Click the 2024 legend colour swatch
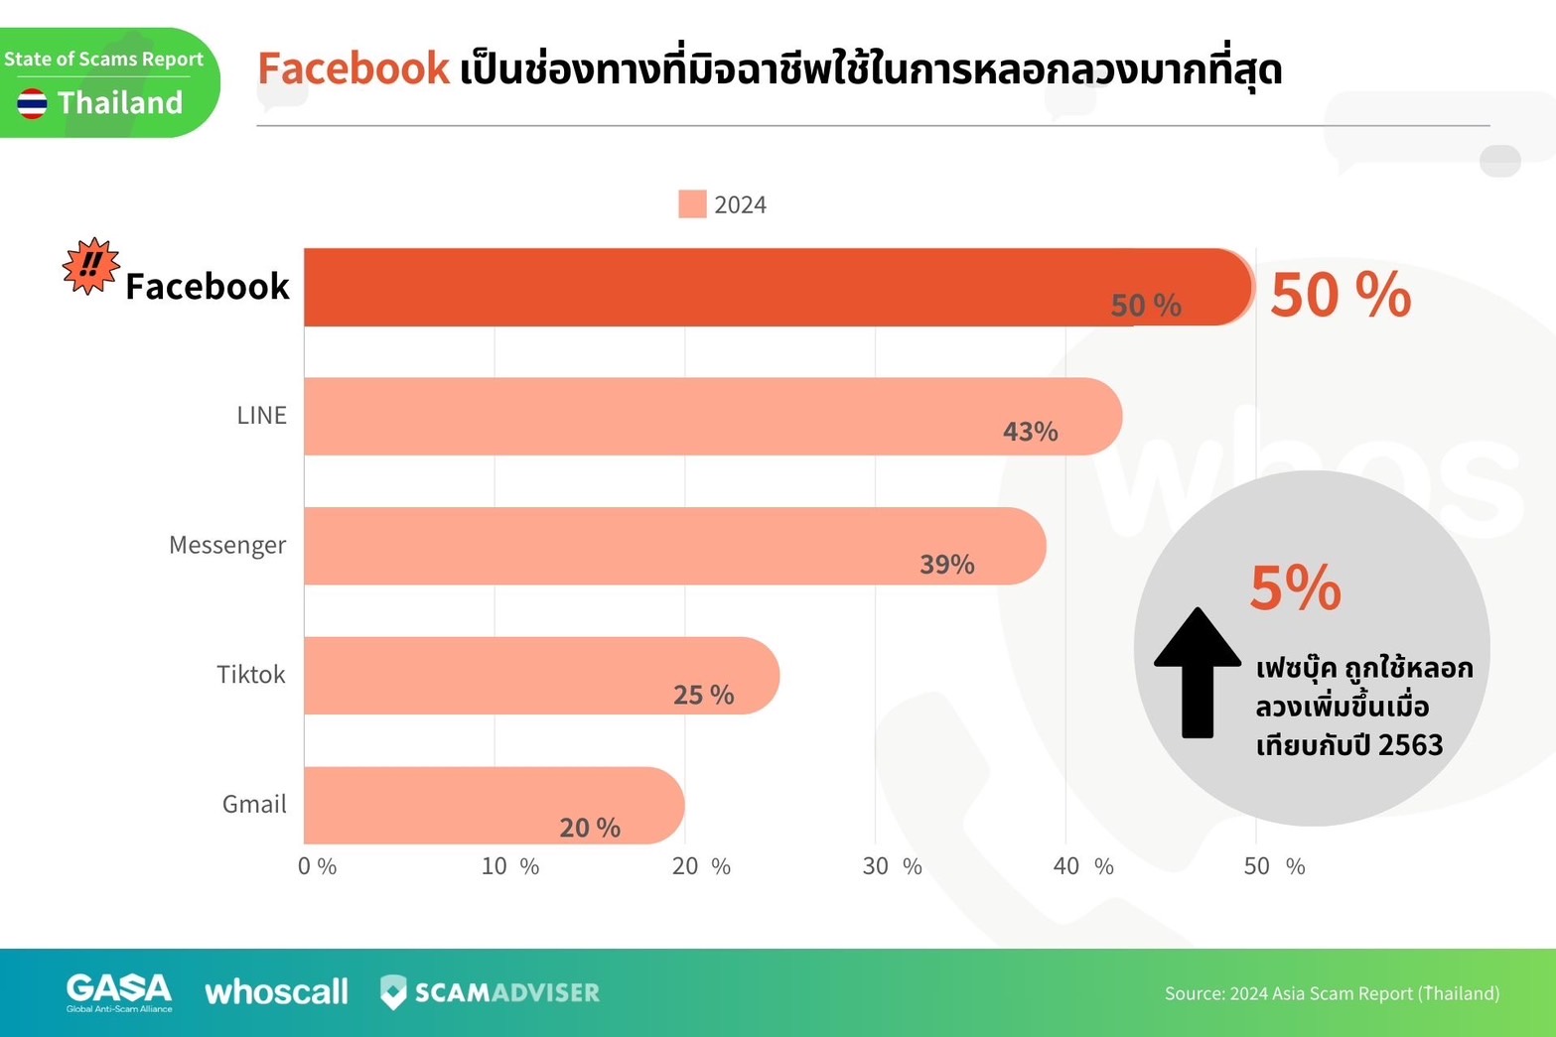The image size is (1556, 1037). click(692, 204)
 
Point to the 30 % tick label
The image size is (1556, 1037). click(891, 866)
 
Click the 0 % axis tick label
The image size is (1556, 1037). click(317, 866)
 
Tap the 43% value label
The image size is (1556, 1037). click(1030, 432)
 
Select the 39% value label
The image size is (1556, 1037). click(946, 565)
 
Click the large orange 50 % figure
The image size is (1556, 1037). click(1340, 295)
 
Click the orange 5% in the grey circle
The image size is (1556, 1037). click(1295, 587)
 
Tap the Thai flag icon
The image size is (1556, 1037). click(32, 103)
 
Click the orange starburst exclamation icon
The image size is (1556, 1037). click(90, 266)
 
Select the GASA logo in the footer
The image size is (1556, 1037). click(119, 991)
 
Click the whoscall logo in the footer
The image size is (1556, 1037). click(276, 991)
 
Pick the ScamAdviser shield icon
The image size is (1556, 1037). click(393, 991)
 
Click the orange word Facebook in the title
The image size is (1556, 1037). click(354, 68)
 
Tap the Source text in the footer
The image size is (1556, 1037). click(1332, 993)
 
